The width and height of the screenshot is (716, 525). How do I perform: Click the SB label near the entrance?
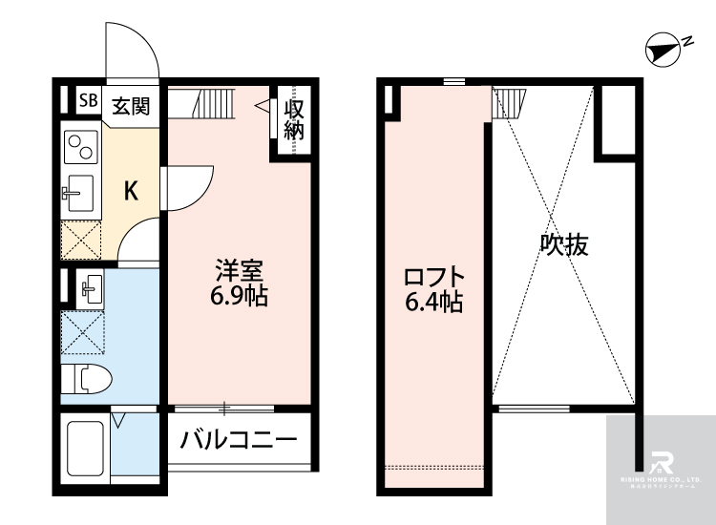tap(88, 100)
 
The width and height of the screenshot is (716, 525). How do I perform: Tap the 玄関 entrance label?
tap(131, 105)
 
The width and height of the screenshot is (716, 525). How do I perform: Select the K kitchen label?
tap(132, 190)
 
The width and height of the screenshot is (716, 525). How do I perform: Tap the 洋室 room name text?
tap(238, 270)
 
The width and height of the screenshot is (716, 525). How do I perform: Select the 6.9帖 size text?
tap(238, 296)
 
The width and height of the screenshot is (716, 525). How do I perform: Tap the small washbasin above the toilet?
tap(92, 286)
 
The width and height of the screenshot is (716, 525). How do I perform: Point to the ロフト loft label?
tap(433, 277)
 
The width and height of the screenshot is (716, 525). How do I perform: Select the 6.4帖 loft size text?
tap(433, 304)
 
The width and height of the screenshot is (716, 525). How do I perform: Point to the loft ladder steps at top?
tap(509, 101)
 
